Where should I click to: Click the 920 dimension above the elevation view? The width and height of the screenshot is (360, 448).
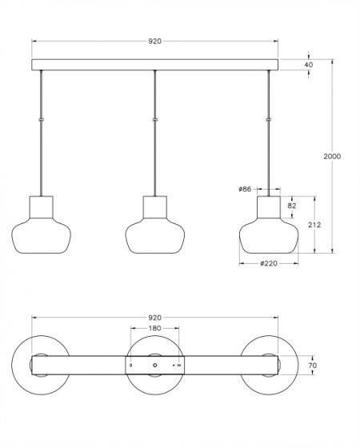[x=154, y=41]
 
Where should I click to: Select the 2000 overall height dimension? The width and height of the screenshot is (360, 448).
[x=332, y=156]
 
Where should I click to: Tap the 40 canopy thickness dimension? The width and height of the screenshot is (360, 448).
[x=309, y=65]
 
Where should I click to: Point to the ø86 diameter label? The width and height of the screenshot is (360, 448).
[x=245, y=189]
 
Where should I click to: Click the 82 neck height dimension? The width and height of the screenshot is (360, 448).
[x=292, y=206]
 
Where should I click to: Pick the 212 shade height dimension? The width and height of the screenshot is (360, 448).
[x=314, y=225]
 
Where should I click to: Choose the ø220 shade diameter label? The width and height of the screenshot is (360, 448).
[x=269, y=263]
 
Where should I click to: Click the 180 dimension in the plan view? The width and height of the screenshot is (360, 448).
[x=154, y=328]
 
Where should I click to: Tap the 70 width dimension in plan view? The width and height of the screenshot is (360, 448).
[x=313, y=365]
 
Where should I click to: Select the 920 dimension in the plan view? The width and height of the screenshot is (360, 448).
[x=154, y=318]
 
